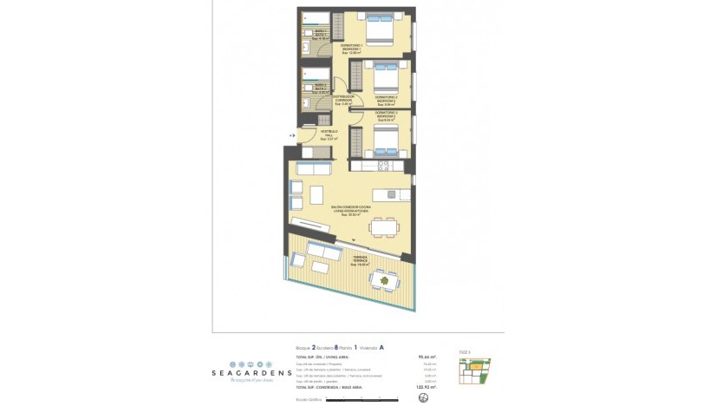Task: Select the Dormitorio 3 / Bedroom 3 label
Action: click(x=387, y=115)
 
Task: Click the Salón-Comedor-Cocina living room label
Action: click(x=350, y=210)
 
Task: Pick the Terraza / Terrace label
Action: click(x=360, y=259)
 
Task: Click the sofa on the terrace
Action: click(x=326, y=252)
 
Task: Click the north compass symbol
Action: click(x=423, y=397)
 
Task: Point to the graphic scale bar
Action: click(x=334, y=399)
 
